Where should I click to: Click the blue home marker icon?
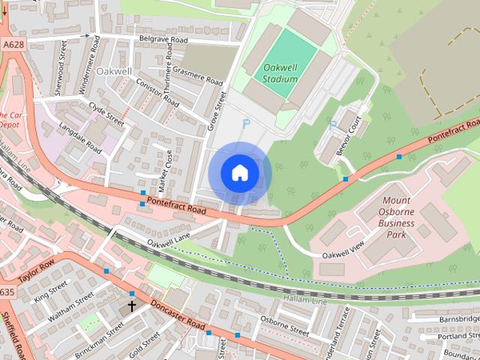pos(239,173)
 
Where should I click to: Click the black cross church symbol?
pos(132,306)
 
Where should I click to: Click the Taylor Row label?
pos(36,271)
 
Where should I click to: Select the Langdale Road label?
pos(79,137)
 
